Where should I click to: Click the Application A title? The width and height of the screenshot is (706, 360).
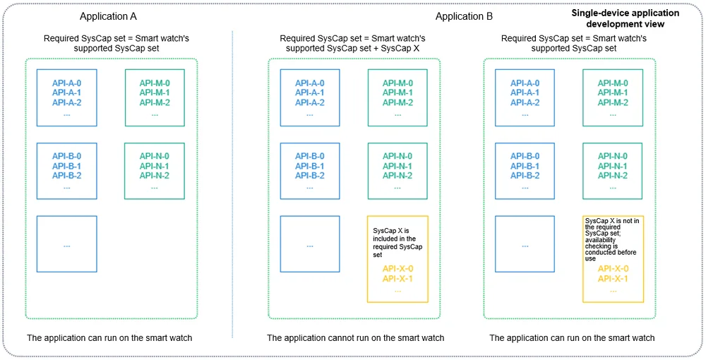click(108, 17)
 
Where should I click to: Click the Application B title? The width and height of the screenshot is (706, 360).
click(465, 17)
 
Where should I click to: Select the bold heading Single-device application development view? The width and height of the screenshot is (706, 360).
click(625, 18)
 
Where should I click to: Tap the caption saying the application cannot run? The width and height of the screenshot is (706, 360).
click(355, 337)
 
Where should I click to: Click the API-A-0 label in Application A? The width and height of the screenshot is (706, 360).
click(66, 83)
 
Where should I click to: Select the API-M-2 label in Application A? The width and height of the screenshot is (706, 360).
click(155, 102)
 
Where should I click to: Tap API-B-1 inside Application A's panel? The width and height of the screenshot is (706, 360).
click(66, 166)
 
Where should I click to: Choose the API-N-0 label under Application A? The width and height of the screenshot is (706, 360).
click(155, 156)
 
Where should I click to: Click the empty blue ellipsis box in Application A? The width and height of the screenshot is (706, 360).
click(66, 244)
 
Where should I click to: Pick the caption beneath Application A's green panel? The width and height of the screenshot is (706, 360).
click(109, 337)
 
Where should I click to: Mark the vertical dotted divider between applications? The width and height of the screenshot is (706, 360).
click(232, 184)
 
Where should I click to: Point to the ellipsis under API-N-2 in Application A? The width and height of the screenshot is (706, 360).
click(155, 188)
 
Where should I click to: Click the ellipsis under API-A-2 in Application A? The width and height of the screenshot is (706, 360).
click(66, 115)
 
